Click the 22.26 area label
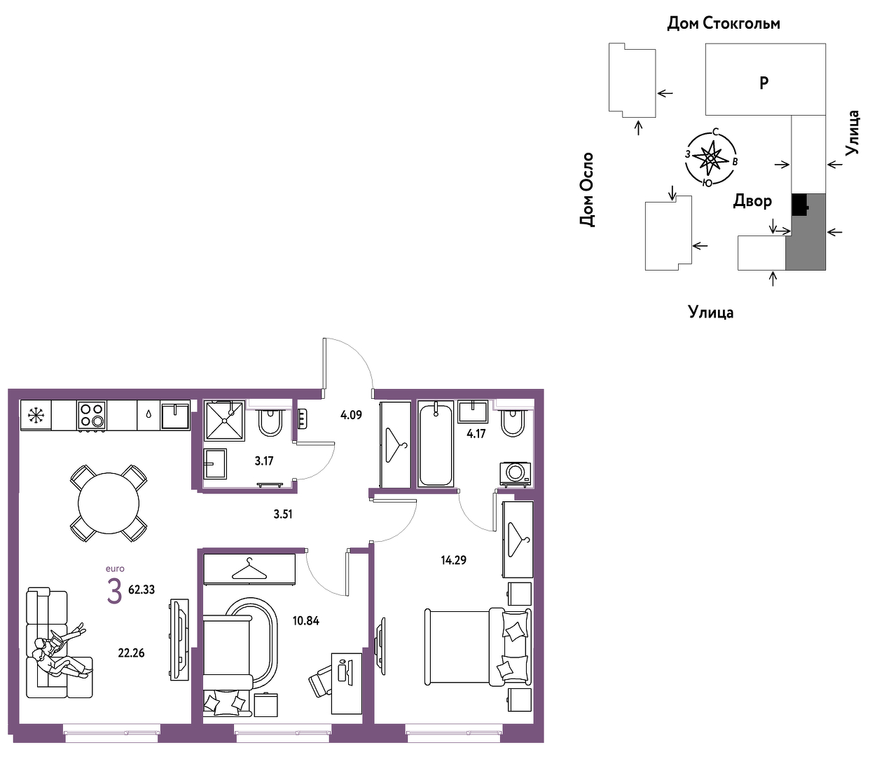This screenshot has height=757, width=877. [131, 653]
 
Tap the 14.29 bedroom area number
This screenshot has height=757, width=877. [453, 560]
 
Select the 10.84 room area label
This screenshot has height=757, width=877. [305, 621]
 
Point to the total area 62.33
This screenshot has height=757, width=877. [141, 589]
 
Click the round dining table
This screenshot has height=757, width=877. [109, 503]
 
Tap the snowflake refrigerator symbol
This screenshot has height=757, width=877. [36, 415]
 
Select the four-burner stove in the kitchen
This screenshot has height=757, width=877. [92, 415]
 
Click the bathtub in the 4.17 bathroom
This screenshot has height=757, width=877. [436, 444]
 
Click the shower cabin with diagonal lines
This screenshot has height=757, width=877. [225, 421]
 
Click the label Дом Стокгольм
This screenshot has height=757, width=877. [724, 23]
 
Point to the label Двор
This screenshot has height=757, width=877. [752, 200]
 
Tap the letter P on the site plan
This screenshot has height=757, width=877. [764, 83]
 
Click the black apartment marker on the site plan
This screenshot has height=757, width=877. [800, 205]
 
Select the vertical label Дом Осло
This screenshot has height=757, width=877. [586, 189]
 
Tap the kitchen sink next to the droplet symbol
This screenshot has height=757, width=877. [175, 416]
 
